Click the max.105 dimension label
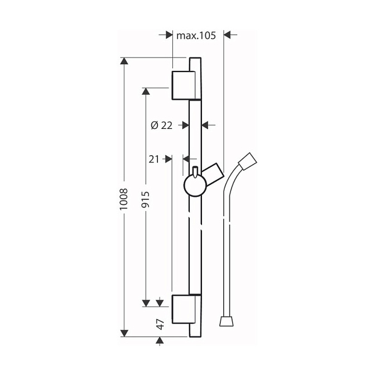tap(196, 35)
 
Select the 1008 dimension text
tap(124, 199)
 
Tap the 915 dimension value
tap(146, 199)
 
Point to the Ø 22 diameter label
tap(162, 125)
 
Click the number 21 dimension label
tap(154, 159)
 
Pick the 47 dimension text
tap(160, 324)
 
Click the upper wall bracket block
tap(184, 85)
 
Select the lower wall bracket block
tap(184, 309)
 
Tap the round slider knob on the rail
tap(195, 185)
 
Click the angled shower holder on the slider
tap(213, 174)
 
